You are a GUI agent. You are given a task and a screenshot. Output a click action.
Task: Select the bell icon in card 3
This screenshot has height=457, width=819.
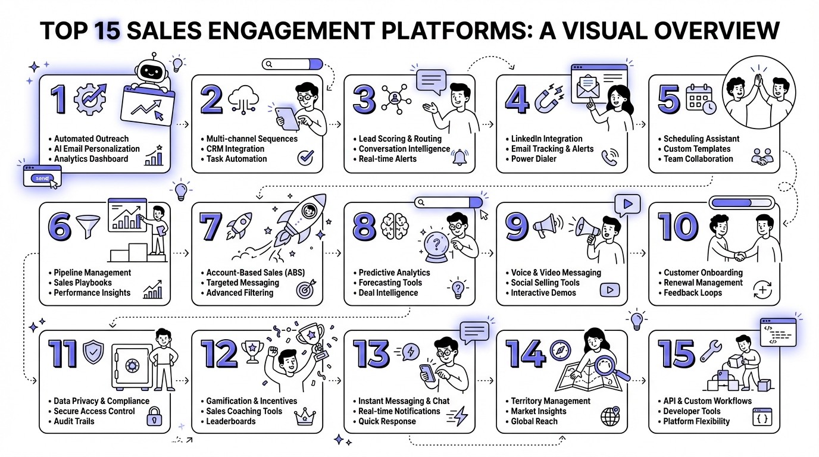tap(459, 157)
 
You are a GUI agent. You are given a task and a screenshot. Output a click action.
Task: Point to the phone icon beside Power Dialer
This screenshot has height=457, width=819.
tap(611, 157)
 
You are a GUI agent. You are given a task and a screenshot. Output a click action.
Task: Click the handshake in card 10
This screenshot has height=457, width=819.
tap(740, 256)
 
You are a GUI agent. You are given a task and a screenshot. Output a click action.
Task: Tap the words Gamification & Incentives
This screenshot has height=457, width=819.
tap(251, 401)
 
